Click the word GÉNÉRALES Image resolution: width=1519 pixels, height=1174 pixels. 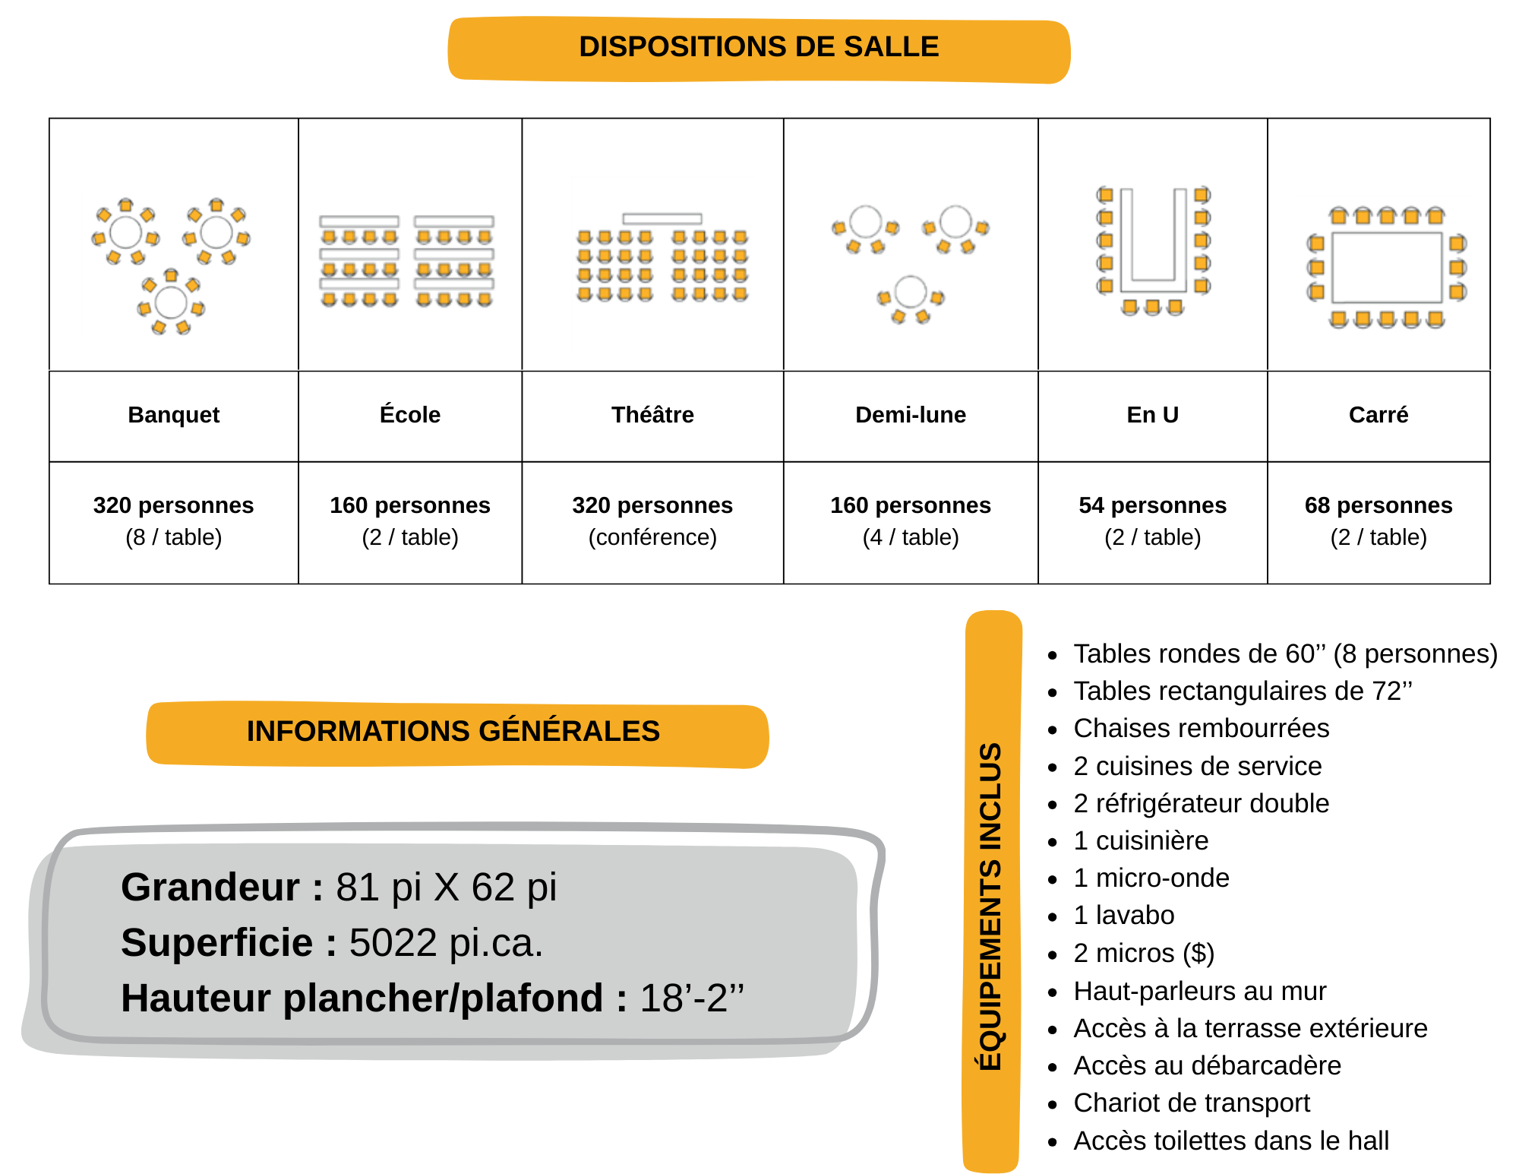coord(570,731)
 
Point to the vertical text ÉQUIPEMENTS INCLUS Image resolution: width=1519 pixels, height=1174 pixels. coord(991,906)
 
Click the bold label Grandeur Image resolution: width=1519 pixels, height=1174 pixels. coord(210,888)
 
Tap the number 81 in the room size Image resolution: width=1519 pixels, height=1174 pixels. coord(358,888)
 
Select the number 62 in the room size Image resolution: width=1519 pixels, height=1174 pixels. coord(493,888)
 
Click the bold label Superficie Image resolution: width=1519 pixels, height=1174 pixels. coord(216,943)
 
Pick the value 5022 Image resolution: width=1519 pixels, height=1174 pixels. coord(393,943)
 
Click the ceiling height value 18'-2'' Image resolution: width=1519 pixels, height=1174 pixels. coord(692,998)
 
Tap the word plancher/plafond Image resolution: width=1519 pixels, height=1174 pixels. coord(443,998)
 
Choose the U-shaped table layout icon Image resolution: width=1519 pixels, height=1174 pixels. coord(1154,252)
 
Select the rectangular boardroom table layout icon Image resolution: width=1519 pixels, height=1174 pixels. coord(1384,266)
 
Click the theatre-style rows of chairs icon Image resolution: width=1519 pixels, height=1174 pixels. coord(663,263)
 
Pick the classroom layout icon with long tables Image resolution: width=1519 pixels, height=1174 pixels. coord(406,263)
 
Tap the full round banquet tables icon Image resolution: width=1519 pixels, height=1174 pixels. coord(168,263)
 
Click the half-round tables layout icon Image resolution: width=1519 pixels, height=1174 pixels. coord(913,267)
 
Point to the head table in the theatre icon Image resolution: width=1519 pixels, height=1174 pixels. coord(662,219)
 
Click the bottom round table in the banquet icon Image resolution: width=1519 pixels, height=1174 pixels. coord(171,302)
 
